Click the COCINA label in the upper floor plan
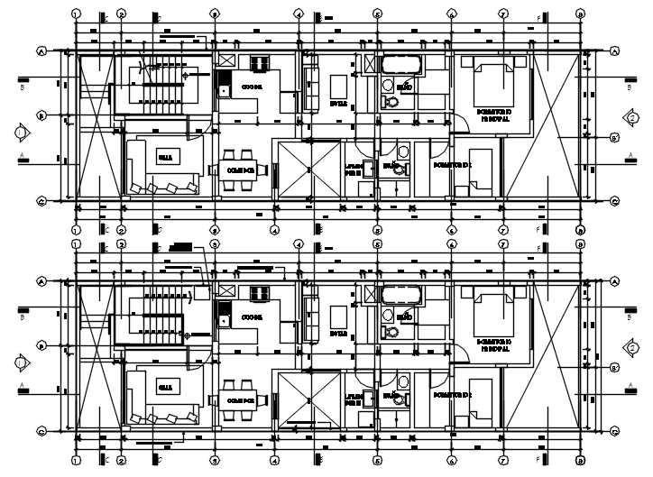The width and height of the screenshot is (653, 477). point(253,87)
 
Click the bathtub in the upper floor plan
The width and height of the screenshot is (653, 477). point(400,65)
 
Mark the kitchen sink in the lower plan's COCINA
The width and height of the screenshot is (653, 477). point(223,316)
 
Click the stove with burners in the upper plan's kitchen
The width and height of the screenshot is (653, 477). point(261,63)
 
